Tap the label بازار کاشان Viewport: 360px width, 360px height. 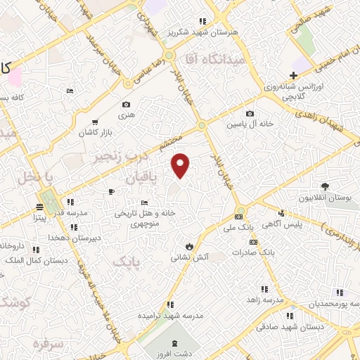[96, 132]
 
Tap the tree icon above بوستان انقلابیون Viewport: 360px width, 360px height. [325, 186]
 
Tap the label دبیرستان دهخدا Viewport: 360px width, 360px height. [73, 238]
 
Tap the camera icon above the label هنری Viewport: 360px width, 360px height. [126, 104]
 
